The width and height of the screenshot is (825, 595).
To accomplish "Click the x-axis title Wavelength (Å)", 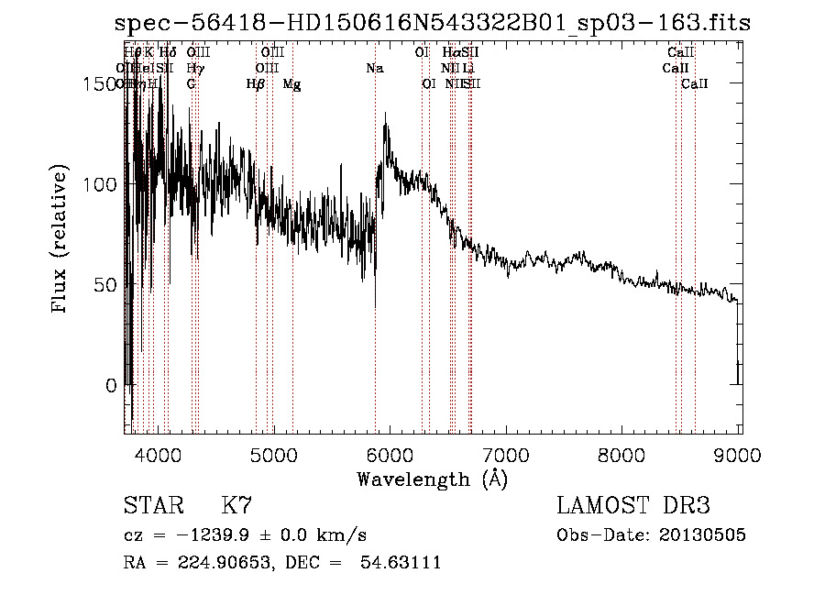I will tap(432, 479).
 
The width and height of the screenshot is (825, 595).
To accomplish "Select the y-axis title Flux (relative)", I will tap(61, 240).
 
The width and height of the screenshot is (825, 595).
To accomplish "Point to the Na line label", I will tap(374, 69).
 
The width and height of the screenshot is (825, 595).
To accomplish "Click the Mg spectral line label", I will tap(291, 84).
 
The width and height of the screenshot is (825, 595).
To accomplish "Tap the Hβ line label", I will tap(256, 84).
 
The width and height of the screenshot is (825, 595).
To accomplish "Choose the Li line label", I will tap(468, 69).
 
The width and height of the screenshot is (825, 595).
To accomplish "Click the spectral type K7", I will tap(236, 506).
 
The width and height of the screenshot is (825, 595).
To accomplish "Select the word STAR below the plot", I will tap(151, 506).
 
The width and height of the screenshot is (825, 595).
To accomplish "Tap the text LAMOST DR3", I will tap(633, 506).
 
